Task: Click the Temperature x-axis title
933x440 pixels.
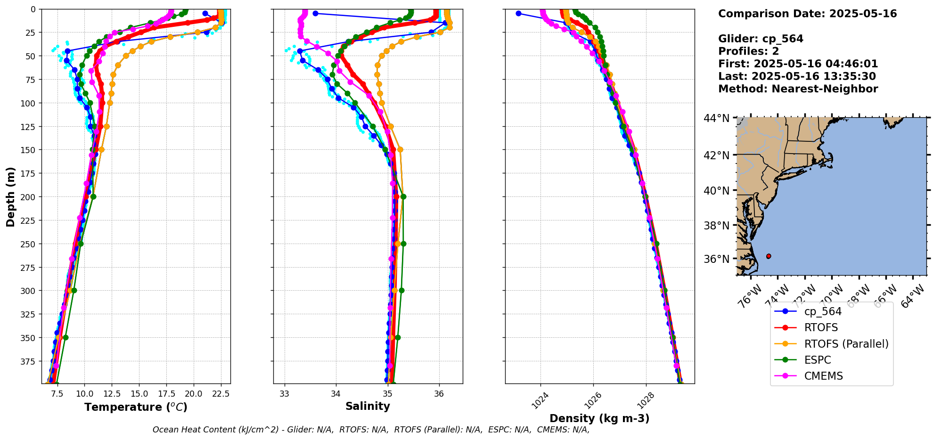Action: [x=136, y=407]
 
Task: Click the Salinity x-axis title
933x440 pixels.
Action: [x=368, y=407]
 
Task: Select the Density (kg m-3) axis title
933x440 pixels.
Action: [x=599, y=418]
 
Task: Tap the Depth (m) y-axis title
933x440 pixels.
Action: [x=11, y=196]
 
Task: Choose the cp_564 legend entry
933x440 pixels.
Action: [x=822, y=311]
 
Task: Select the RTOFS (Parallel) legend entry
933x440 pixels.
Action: [x=846, y=344]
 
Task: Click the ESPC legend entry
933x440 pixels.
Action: [x=817, y=360]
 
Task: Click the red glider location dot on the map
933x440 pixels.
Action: [x=769, y=256]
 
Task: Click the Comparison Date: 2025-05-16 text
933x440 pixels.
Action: [x=807, y=14]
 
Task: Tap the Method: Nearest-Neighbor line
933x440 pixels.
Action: [x=798, y=89]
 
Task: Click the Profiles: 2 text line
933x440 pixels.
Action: [x=748, y=51]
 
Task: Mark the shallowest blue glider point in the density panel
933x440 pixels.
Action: [x=518, y=13]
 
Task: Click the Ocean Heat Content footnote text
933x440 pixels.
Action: [x=371, y=430]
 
